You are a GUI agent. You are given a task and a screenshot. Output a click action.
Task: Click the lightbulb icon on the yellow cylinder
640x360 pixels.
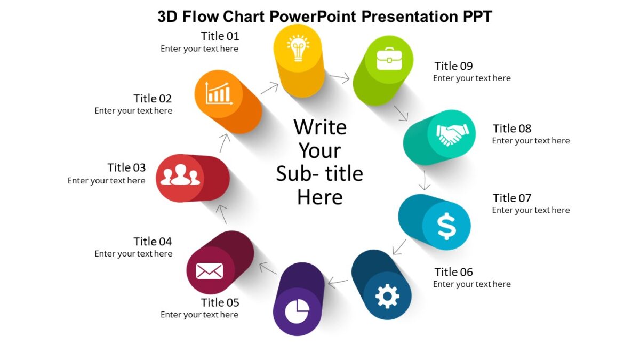pyautogui.click(x=298, y=49)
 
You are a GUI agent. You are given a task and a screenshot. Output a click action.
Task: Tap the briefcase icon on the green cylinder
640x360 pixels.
pyautogui.click(x=389, y=59)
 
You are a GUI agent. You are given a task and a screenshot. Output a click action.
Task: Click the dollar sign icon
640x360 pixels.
pyautogui.click(x=446, y=226)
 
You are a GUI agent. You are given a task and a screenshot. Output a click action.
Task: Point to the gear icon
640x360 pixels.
pyautogui.click(x=387, y=296)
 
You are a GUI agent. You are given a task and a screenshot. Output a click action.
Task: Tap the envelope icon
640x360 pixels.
pyautogui.click(x=209, y=271)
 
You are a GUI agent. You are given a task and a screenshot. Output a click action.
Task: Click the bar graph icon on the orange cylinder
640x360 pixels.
pyautogui.click(x=219, y=93)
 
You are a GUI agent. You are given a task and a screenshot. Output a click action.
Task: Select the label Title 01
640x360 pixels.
pyautogui.click(x=220, y=36)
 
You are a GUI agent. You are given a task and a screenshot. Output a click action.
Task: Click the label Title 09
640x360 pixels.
pyautogui.click(x=453, y=66)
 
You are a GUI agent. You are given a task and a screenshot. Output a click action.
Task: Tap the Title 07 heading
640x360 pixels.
pyautogui.click(x=512, y=198)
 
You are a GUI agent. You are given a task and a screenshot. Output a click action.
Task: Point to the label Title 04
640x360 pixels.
pyautogui.click(x=153, y=242)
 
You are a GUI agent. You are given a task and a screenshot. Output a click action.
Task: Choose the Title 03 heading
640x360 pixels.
pyautogui.click(x=126, y=168)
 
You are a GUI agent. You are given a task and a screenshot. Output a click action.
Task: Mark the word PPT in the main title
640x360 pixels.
pyautogui.click(x=475, y=17)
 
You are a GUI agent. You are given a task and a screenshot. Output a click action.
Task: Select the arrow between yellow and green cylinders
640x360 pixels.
pyautogui.click(x=339, y=79)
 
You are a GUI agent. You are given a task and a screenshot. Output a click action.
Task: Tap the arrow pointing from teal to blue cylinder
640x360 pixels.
pyautogui.click(x=425, y=180)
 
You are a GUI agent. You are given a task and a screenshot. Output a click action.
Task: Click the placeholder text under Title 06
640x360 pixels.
pyautogui.click(x=471, y=284)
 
